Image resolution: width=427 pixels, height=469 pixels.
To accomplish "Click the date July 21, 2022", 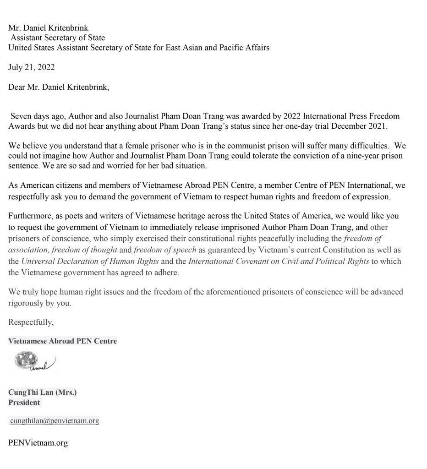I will pyautogui.click(x=32, y=67).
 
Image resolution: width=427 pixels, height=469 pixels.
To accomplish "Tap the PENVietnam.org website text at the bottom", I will pyautogui.click(x=38, y=443).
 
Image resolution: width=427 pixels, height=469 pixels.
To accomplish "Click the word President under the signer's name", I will pyautogui.click(x=24, y=403).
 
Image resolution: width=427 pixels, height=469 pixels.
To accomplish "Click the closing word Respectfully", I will pyautogui.click(x=31, y=322).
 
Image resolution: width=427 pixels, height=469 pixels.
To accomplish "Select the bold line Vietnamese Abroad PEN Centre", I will pyautogui.click(x=62, y=341).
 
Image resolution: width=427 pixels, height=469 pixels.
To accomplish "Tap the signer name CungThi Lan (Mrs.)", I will pyautogui.click(x=42, y=393).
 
